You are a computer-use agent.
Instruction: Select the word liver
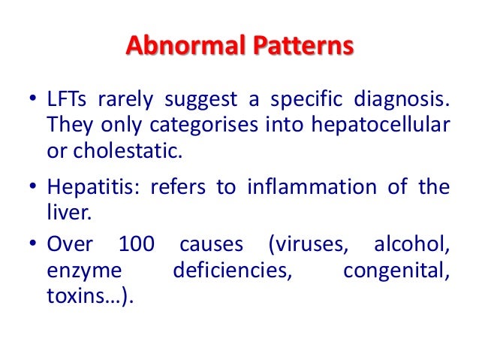click(68, 211)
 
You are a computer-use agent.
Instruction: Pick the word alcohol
click(411, 245)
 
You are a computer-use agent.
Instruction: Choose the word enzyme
click(80, 270)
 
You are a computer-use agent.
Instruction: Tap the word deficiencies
click(231, 270)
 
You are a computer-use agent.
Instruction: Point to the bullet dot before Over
click(32, 246)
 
